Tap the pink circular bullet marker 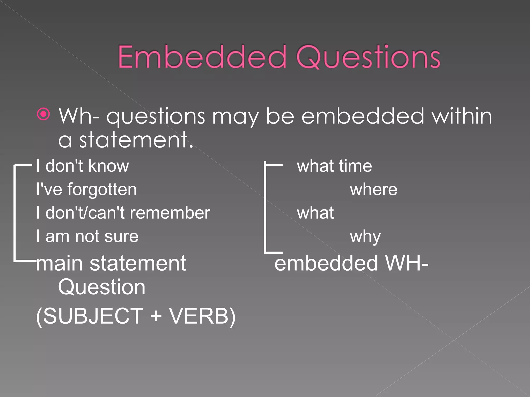pyautogui.click(x=43, y=114)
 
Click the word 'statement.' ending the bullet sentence pyautogui.click(x=136, y=140)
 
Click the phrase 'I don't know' pyautogui.click(x=82, y=166)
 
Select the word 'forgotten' pyautogui.click(x=102, y=189)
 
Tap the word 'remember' pyautogui.click(x=170, y=213)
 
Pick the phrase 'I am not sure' pyautogui.click(x=87, y=236)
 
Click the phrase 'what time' pyautogui.click(x=334, y=166)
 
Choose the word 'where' pyautogui.click(x=373, y=189)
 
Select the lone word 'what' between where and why pyautogui.click(x=315, y=213)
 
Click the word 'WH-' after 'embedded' pyautogui.click(x=407, y=264)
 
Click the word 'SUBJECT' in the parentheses pyautogui.click(x=93, y=316)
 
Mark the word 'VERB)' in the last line pyautogui.click(x=202, y=316)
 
